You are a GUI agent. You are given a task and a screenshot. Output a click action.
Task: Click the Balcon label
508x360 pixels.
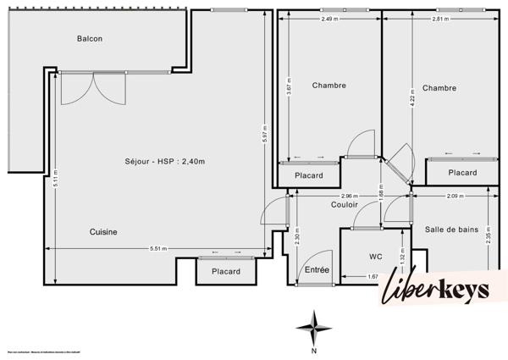[x=91, y=39]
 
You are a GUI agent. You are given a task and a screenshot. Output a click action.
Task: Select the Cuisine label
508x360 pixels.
[x=103, y=231]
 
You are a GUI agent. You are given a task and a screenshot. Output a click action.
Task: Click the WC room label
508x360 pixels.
[x=377, y=256]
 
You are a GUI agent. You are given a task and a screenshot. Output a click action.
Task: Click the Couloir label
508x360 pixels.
[x=344, y=204]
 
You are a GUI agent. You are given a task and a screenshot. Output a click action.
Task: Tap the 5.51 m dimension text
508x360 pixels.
[x=157, y=248]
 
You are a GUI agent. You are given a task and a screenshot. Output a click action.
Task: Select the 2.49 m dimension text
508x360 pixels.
[x=330, y=19]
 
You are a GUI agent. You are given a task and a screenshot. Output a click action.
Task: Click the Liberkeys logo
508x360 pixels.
[x=437, y=288]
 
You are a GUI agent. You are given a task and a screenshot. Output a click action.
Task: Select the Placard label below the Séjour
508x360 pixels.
[x=226, y=272]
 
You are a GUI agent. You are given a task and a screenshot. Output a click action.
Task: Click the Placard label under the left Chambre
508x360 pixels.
[x=308, y=175]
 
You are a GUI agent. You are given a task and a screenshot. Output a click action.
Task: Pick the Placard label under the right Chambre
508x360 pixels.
[x=461, y=173]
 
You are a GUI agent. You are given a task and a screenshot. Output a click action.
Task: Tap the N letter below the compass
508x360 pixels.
[x=314, y=349]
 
